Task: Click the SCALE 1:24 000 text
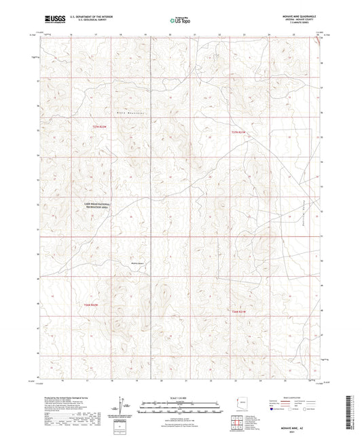pos(181,397)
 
